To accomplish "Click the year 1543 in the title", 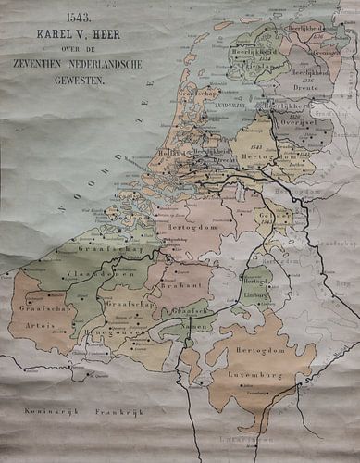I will click(80, 17).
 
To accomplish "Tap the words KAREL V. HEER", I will click(80, 34).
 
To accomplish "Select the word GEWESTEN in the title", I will click(80, 81).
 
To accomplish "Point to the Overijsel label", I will click(294, 122).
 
